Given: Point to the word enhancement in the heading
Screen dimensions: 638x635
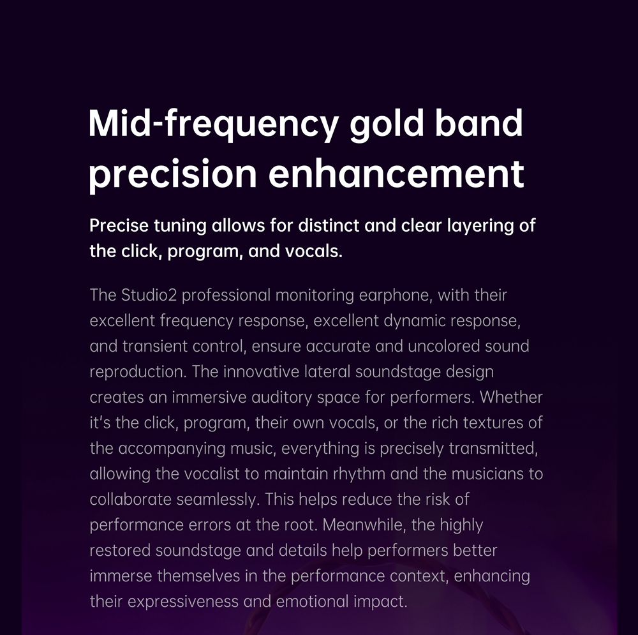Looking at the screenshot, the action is tap(396, 174).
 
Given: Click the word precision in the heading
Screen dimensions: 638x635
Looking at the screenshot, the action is tap(172, 175).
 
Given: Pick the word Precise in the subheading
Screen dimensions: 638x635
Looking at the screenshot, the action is tap(119, 225).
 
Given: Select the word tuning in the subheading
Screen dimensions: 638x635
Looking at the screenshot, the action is tap(180, 227).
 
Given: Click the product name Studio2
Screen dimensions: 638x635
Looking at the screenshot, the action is tap(149, 295).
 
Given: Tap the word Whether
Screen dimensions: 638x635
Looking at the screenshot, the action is tap(511, 398).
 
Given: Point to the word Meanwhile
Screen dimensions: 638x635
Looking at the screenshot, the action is tap(364, 525).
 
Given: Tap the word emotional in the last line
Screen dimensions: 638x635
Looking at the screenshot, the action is tap(312, 602).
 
